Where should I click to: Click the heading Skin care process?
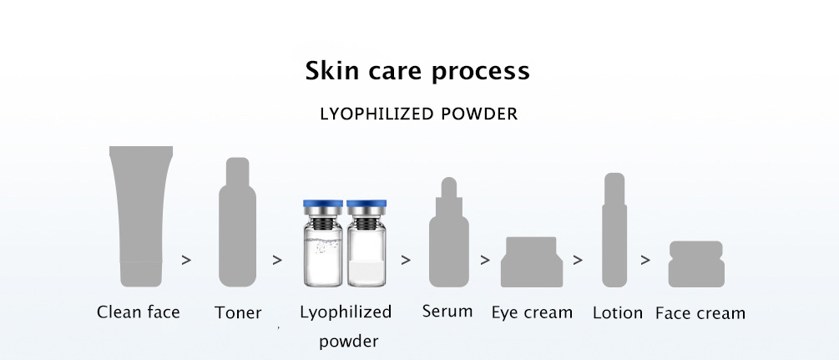point(417,71)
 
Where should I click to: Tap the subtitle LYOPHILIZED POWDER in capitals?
point(419,114)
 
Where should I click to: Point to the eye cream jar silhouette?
point(528,261)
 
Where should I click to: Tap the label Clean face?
point(139,312)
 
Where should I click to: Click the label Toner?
point(238,313)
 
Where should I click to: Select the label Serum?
point(447,312)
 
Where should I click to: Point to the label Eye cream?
point(532,313)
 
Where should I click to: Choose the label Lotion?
point(618,313)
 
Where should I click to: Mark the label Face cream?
point(700,313)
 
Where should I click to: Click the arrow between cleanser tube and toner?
point(186,260)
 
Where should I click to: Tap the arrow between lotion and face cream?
point(645,260)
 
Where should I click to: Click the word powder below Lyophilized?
point(348,341)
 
